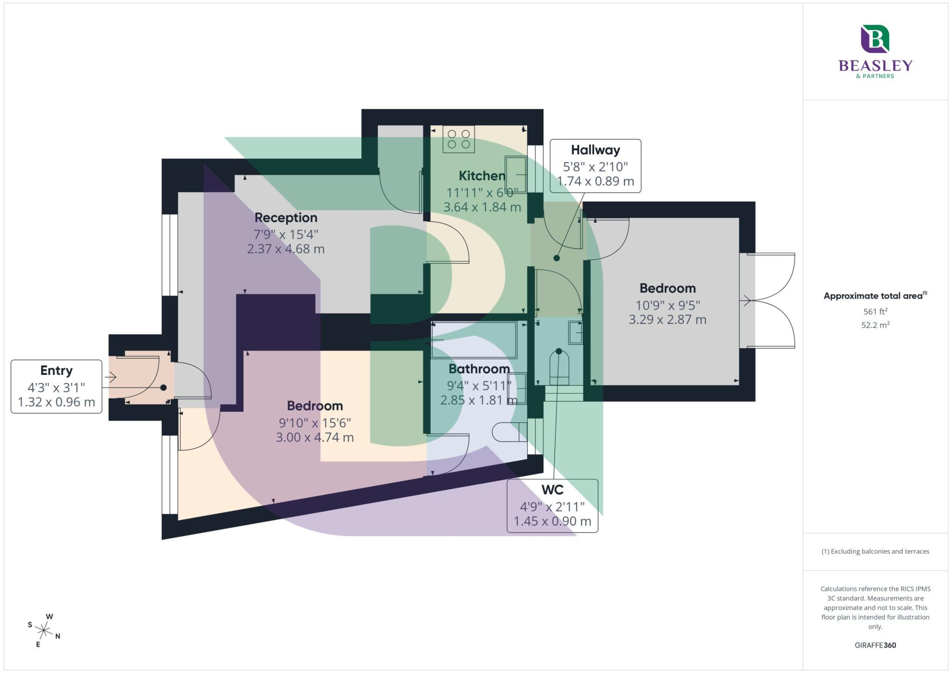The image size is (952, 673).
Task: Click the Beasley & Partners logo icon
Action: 875,39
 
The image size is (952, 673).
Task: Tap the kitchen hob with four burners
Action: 458,139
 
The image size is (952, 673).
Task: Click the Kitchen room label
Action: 482,176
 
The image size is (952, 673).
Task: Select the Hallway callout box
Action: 595,166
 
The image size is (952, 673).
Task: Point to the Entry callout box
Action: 56,386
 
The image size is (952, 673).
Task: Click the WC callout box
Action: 552,505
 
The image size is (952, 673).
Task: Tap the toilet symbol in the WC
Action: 559,367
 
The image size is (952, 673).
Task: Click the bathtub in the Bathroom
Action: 474,340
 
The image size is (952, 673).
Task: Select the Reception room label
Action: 286,217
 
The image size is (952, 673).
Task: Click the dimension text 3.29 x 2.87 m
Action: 668,320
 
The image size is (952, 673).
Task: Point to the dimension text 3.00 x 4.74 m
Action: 315,437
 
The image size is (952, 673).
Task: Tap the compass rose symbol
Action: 44,630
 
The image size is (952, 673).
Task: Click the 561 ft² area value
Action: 875,311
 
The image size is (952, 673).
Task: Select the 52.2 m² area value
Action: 875,325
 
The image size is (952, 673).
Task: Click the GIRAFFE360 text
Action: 875,645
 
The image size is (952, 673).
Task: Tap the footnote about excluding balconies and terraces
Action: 875,551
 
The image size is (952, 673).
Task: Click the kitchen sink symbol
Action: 516,175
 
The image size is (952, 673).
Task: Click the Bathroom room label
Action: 479,369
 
